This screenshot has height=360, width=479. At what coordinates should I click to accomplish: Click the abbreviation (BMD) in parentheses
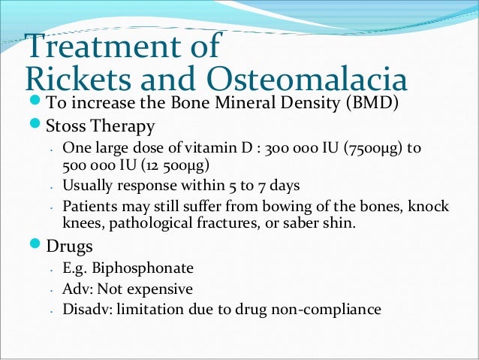coord(373,103)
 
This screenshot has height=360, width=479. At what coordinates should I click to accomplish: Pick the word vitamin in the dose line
coord(215,148)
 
